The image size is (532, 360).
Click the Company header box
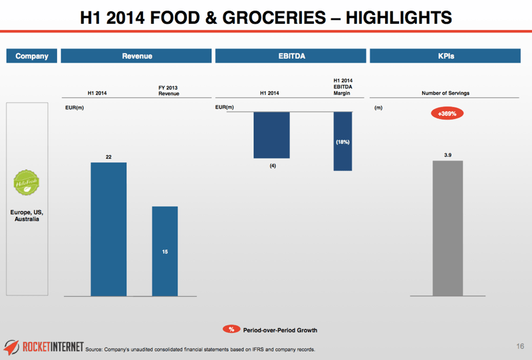click(31, 56)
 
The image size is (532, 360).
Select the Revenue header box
click(137, 56)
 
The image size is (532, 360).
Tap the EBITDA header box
click(291, 56)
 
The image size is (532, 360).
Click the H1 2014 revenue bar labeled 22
click(108, 229)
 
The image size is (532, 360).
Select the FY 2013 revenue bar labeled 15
click(165, 251)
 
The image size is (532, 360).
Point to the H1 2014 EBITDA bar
click(271, 134)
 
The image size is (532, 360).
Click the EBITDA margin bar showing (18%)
click(342, 141)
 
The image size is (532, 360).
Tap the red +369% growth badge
click(447, 114)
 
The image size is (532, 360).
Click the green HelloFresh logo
click(27, 183)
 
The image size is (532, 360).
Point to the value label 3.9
click(448, 154)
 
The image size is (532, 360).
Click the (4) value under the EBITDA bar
click(273, 166)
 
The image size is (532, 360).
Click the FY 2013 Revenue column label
click(168, 90)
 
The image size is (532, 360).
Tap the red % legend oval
click(231, 329)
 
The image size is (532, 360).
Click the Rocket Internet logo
click(44, 346)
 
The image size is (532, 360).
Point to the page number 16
click(520, 346)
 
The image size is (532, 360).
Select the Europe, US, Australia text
click(27, 215)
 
